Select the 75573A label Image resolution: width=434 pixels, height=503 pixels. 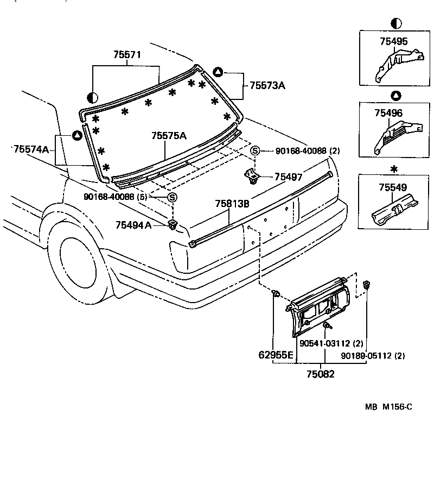(x=267, y=85)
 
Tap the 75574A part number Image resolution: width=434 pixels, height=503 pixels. (x=31, y=149)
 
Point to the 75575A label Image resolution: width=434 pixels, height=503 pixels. (x=169, y=135)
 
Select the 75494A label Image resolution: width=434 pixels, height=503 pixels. (x=133, y=224)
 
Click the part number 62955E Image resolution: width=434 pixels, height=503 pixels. (x=276, y=356)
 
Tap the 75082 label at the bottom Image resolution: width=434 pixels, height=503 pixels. (x=320, y=374)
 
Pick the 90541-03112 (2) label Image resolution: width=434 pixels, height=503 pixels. (x=331, y=343)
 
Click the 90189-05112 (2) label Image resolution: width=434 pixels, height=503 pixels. (x=373, y=356)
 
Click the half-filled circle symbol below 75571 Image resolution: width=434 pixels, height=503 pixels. (x=92, y=97)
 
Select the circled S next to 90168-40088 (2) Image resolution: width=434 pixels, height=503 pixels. (x=254, y=150)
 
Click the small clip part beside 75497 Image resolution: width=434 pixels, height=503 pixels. (x=251, y=175)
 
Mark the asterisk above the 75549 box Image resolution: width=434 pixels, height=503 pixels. (x=394, y=169)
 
